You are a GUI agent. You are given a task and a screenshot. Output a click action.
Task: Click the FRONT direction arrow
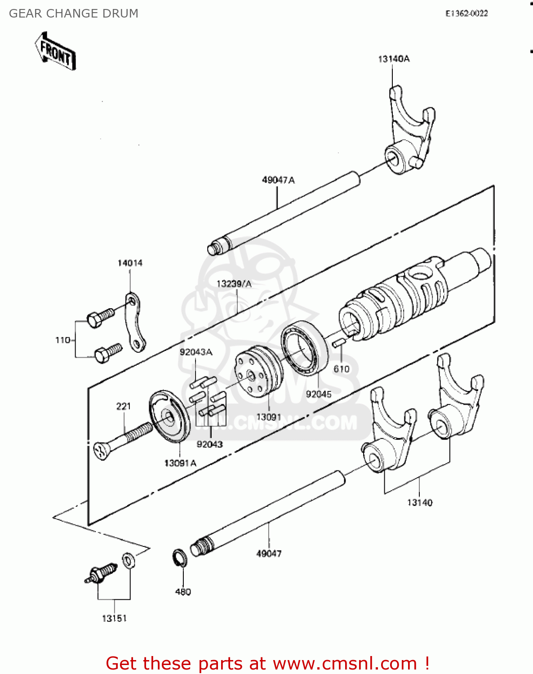(55, 51)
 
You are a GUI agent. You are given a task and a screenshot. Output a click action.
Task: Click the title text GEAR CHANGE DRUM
(74, 13)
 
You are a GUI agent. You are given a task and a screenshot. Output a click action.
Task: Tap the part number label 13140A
(394, 59)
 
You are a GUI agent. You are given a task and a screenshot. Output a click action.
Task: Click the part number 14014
(130, 263)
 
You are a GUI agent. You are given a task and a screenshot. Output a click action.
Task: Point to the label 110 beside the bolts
(62, 340)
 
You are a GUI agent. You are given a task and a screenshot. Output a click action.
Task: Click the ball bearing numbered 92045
(305, 346)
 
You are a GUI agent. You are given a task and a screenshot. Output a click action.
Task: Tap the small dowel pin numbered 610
(338, 343)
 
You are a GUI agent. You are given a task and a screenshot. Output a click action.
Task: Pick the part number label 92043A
(196, 352)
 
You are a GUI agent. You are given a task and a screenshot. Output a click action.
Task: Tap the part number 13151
(114, 618)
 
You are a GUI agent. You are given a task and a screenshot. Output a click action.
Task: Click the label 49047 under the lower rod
(269, 554)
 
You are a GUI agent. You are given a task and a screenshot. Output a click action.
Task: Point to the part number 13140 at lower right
(420, 502)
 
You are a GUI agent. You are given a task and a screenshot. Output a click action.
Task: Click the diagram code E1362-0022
(466, 13)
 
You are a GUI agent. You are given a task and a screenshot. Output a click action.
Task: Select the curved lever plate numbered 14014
(134, 322)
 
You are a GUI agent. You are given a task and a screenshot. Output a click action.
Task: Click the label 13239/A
(234, 284)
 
